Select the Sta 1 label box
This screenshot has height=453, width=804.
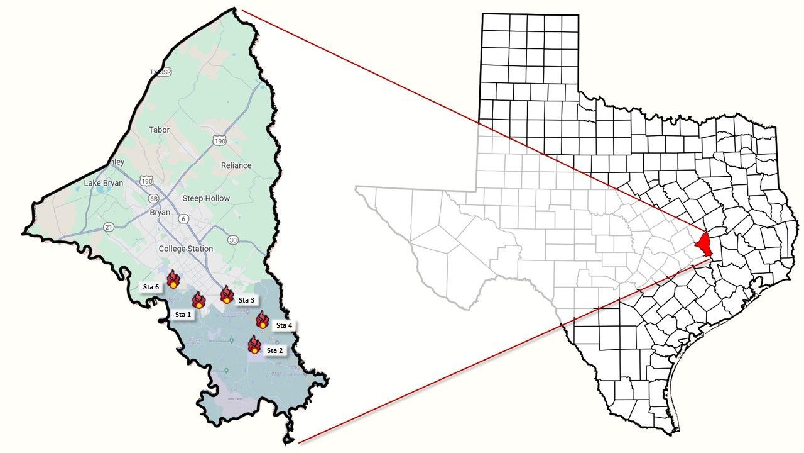pos(183,314)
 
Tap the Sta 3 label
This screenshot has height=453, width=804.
pos(247,300)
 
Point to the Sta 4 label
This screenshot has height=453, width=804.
pos(284,325)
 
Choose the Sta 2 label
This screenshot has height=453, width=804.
pos(275,350)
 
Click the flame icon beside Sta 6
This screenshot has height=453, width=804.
pos(173,279)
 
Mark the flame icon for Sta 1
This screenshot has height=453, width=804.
pos(198,300)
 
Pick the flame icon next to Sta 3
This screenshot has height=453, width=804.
pos(227,294)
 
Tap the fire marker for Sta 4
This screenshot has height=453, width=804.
pos(263,320)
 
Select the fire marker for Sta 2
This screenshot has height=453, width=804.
pos(254,345)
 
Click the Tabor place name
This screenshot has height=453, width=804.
pos(160,130)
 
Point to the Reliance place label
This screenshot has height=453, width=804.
pos(236,165)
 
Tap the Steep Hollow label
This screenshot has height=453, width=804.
pos(206,198)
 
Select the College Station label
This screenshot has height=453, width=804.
pos(186,249)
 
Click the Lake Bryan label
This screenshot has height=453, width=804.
pos(104,183)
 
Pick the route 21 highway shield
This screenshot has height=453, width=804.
pos(109,226)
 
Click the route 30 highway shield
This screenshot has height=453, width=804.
pos(233,240)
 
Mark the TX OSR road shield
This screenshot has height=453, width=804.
pos(161,72)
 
